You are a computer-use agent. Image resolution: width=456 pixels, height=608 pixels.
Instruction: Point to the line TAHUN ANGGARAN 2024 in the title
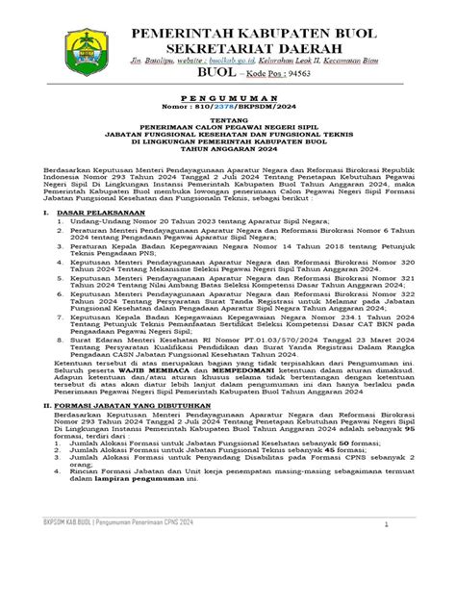pos(227,149)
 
